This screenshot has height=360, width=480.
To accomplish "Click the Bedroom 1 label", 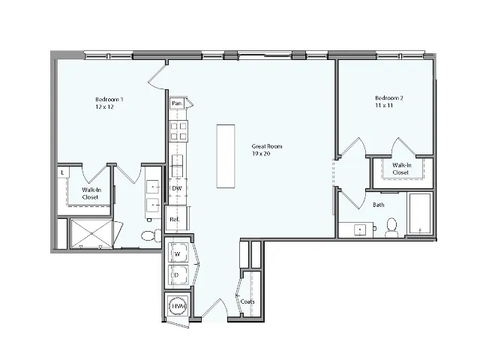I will [109, 100].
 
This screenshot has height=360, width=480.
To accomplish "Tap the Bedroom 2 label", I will [390, 98].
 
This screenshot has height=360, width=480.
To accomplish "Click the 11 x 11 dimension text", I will [384, 106].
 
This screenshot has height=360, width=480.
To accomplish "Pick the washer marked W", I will [178, 253].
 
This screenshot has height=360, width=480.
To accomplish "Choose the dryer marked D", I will [178, 274].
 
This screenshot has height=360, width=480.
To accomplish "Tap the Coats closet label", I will [247, 301].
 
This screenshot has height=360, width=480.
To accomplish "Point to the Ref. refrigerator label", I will [175, 219].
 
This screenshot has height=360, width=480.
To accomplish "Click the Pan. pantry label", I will [177, 103].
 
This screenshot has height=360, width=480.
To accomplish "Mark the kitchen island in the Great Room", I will [226, 156].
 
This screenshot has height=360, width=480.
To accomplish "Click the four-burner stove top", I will [178, 131].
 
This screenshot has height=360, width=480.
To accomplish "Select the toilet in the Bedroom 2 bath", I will [391, 227].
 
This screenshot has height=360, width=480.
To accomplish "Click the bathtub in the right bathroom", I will [419, 214].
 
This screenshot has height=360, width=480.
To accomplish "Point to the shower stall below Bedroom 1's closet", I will [91, 233].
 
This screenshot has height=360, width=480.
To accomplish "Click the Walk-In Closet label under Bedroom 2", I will [401, 168].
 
